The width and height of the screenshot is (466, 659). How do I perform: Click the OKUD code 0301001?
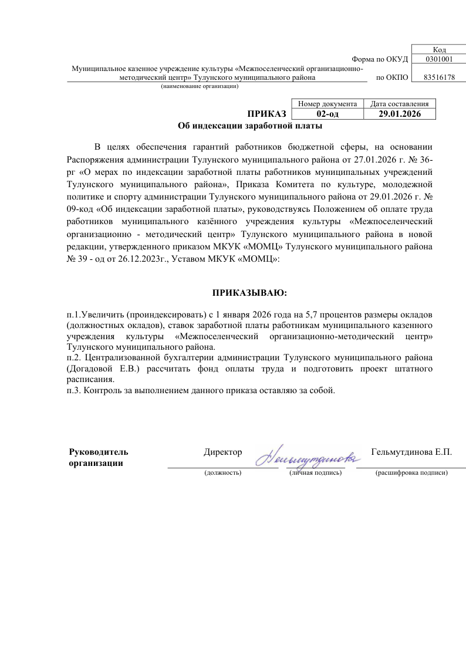(x=439, y=59)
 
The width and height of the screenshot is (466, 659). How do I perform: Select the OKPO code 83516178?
(x=439, y=77)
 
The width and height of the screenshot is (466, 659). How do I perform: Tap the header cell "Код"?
(x=439, y=50)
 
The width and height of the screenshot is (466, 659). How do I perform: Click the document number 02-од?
(x=327, y=114)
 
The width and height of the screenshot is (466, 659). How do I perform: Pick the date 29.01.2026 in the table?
(x=400, y=114)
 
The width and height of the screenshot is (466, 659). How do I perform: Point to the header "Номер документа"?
(x=327, y=104)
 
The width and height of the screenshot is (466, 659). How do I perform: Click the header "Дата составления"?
(x=400, y=104)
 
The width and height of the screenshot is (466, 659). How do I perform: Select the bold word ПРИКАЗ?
(x=266, y=114)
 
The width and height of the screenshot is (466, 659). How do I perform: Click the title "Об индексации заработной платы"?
(x=250, y=126)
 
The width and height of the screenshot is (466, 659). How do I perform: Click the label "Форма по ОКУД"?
(x=379, y=59)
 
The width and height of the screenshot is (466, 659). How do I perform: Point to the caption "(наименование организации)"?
(x=200, y=86)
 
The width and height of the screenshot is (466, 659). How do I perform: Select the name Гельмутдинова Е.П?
(x=412, y=452)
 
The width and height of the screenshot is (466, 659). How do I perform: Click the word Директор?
(x=222, y=452)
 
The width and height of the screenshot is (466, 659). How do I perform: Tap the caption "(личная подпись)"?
(x=315, y=472)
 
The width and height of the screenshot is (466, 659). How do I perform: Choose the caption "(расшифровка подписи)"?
(x=411, y=472)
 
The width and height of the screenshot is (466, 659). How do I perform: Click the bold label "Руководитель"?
(x=99, y=452)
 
